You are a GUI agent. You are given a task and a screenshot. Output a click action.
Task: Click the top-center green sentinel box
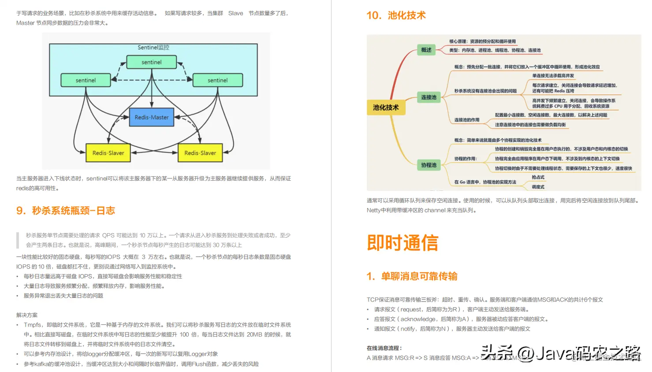[x=152, y=62]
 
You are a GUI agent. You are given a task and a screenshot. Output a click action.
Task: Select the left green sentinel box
[x=86, y=80]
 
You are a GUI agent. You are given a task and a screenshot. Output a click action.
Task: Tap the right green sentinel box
[x=218, y=80]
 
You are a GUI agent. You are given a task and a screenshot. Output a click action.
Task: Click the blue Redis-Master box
[x=152, y=117]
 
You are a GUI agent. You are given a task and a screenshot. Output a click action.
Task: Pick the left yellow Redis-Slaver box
[x=108, y=153]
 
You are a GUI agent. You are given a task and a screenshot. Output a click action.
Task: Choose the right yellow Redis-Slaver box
[x=200, y=153]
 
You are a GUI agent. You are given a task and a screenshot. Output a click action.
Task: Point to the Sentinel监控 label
[x=153, y=47]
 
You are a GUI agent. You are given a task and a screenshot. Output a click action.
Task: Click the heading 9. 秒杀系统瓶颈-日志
[x=66, y=211]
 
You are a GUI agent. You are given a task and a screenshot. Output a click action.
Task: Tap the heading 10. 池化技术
[x=396, y=15]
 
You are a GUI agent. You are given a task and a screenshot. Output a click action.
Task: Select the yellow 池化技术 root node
[x=386, y=108]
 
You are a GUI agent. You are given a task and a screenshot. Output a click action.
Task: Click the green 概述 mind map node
[x=426, y=50]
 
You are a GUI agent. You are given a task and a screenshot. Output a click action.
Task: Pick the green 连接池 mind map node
[x=428, y=97]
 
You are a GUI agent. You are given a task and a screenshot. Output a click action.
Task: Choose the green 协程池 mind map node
[x=428, y=165]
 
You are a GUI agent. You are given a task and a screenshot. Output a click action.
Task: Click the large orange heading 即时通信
[x=402, y=243]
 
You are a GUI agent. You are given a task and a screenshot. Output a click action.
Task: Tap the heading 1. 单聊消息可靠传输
[x=412, y=276]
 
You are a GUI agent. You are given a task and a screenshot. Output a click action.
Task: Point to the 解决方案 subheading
[x=27, y=315]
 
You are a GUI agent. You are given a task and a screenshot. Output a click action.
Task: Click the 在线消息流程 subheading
[x=384, y=348]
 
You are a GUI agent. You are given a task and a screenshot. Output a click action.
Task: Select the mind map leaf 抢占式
[x=538, y=177]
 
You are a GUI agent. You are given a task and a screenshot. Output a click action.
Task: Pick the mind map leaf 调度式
[x=538, y=187]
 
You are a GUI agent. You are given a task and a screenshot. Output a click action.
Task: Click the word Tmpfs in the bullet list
[x=33, y=325]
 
